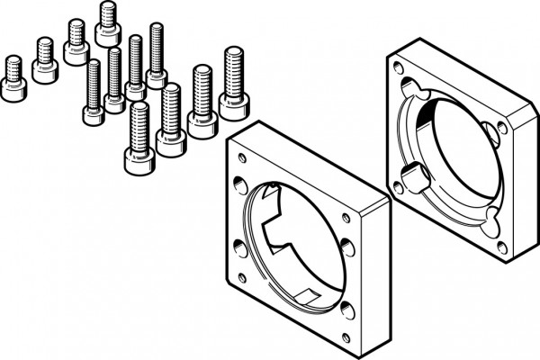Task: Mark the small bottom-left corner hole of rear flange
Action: coord(397,187)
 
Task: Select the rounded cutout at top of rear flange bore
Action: coord(415,89)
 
